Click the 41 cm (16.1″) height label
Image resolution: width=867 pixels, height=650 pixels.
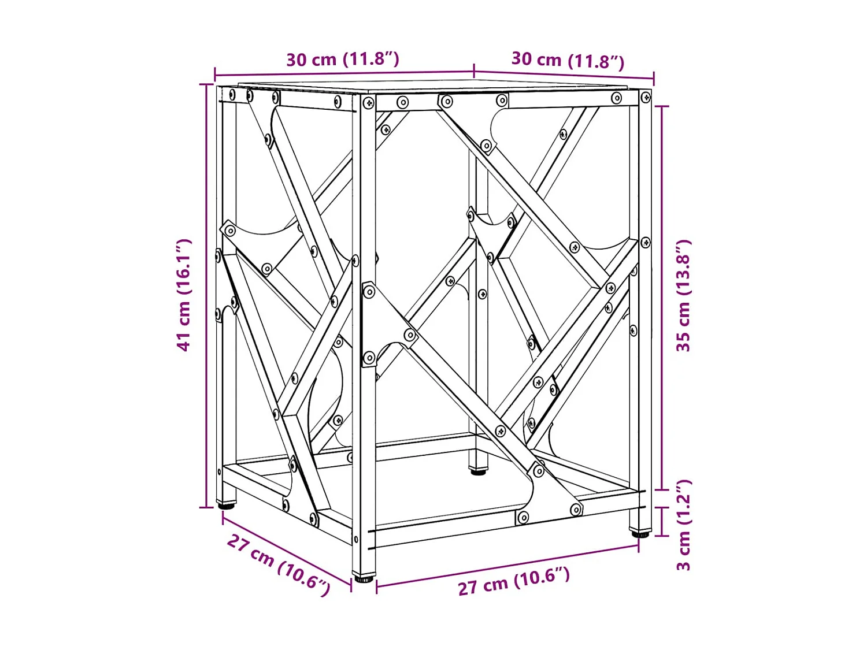184,295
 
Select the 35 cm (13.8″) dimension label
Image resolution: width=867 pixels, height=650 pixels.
684,295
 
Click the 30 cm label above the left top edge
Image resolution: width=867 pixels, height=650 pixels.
343,60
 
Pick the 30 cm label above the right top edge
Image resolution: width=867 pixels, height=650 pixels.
568,61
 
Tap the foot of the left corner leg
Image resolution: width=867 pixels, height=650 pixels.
226,505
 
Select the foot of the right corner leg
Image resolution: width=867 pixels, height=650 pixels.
639,533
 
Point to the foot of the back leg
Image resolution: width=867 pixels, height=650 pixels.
477,471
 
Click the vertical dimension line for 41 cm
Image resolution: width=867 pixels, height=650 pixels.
206,295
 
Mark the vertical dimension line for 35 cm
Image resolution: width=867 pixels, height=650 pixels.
662,298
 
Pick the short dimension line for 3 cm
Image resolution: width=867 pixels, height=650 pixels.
662,521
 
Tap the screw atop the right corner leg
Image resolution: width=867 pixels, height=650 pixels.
646,98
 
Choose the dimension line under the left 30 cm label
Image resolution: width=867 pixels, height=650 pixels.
344,73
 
